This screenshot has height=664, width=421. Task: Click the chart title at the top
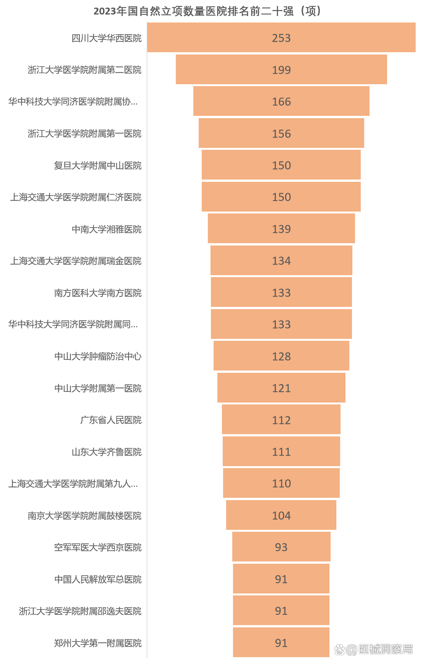point(208,11)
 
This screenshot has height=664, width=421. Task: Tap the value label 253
point(281,38)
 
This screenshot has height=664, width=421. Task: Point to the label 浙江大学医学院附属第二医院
point(84,70)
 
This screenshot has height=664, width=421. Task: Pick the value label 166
point(281,102)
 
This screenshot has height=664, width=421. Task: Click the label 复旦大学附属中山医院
point(98,165)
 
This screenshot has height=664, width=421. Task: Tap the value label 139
point(281,229)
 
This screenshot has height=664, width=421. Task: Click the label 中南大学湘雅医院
point(106,229)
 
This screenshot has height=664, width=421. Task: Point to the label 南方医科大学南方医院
point(98,293)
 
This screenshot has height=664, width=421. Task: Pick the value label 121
point(281,388)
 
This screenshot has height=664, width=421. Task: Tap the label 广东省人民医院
point(111,420)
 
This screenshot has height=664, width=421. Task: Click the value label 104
point(281,515)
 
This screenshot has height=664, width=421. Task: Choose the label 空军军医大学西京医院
point(98,547)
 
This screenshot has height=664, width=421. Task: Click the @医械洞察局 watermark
point(374,649)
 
